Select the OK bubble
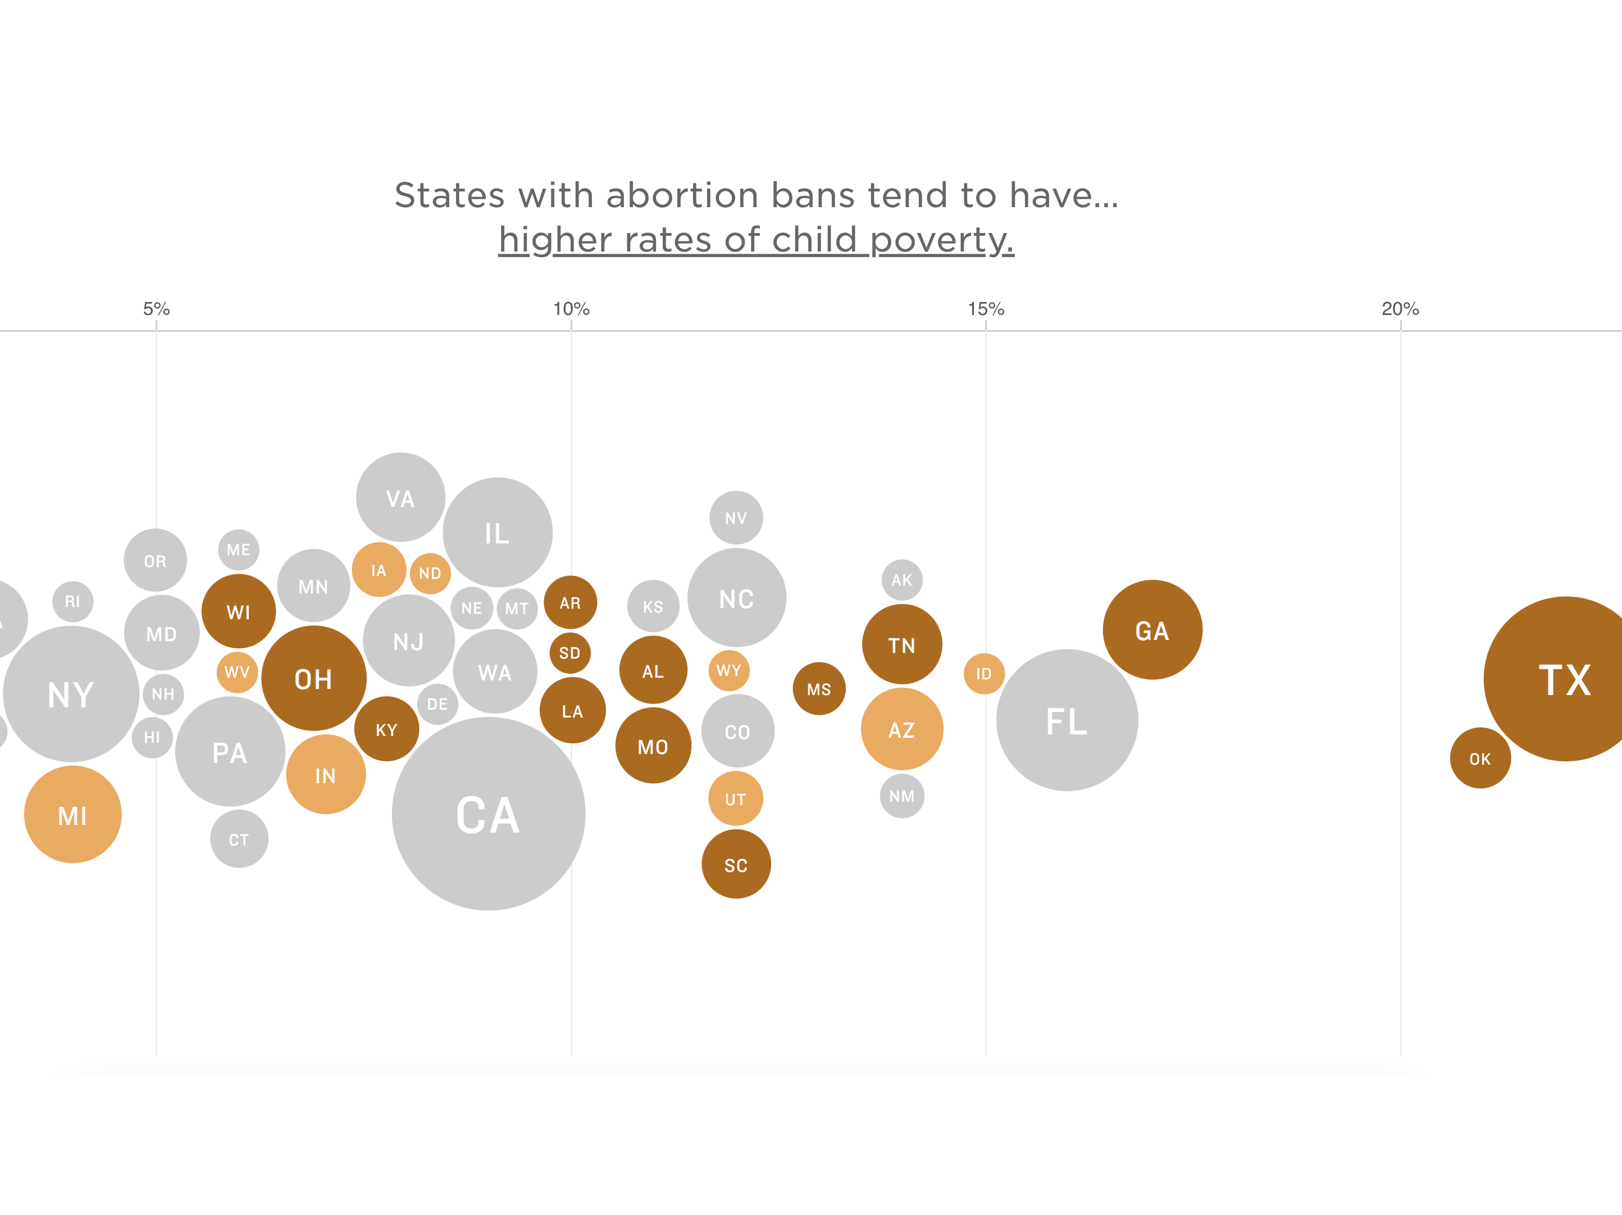[1480, 758]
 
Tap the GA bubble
[1152, 630]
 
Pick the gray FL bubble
[1067, 720]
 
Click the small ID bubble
[983, 673]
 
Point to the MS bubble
[819, 688]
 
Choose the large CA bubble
[489, 814]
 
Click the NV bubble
[736, 518]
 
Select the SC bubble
[736, 865]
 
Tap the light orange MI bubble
[72, 815]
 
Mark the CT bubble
[239, 839]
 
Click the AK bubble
[902, 579]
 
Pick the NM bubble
[902, 796]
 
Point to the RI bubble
[72, 601]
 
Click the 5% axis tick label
[156, 309]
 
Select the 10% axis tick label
[571, 309]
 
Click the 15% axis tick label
[986, 309]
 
